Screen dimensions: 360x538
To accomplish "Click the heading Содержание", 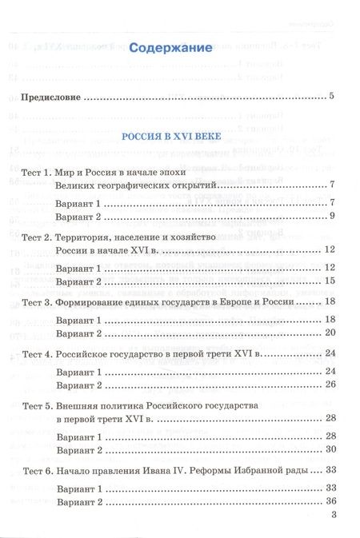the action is coord(170,48).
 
